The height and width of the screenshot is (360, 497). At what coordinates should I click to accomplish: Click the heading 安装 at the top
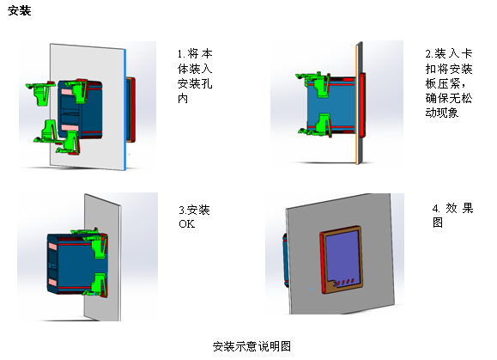(20, 10)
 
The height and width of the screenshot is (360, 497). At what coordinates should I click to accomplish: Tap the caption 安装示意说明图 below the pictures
(252, 346)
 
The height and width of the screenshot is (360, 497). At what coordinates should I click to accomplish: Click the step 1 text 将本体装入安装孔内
(195, 76)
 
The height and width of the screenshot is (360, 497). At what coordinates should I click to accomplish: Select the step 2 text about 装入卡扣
(449, 83)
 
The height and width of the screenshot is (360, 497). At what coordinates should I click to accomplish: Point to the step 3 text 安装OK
(194, 217)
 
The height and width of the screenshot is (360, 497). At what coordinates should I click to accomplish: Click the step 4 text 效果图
(452, 216)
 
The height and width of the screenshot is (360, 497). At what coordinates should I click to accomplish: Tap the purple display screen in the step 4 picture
(343, 254)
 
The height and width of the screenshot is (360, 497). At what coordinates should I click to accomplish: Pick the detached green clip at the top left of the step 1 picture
(39, 93)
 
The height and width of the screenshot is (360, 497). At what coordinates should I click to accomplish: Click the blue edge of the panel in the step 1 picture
(125, 109)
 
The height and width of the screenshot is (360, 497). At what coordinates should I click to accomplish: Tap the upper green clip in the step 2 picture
(314, 83)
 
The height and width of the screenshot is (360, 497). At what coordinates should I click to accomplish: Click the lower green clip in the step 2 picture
(317, 125)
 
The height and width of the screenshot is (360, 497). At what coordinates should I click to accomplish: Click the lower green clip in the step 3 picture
(97, 284)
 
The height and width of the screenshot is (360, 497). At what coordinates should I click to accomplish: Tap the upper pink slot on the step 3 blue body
(52, 246)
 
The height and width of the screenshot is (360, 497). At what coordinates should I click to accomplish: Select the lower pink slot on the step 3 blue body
(52, 282)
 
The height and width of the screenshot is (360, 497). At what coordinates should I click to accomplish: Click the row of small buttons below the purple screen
(343, 283)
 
